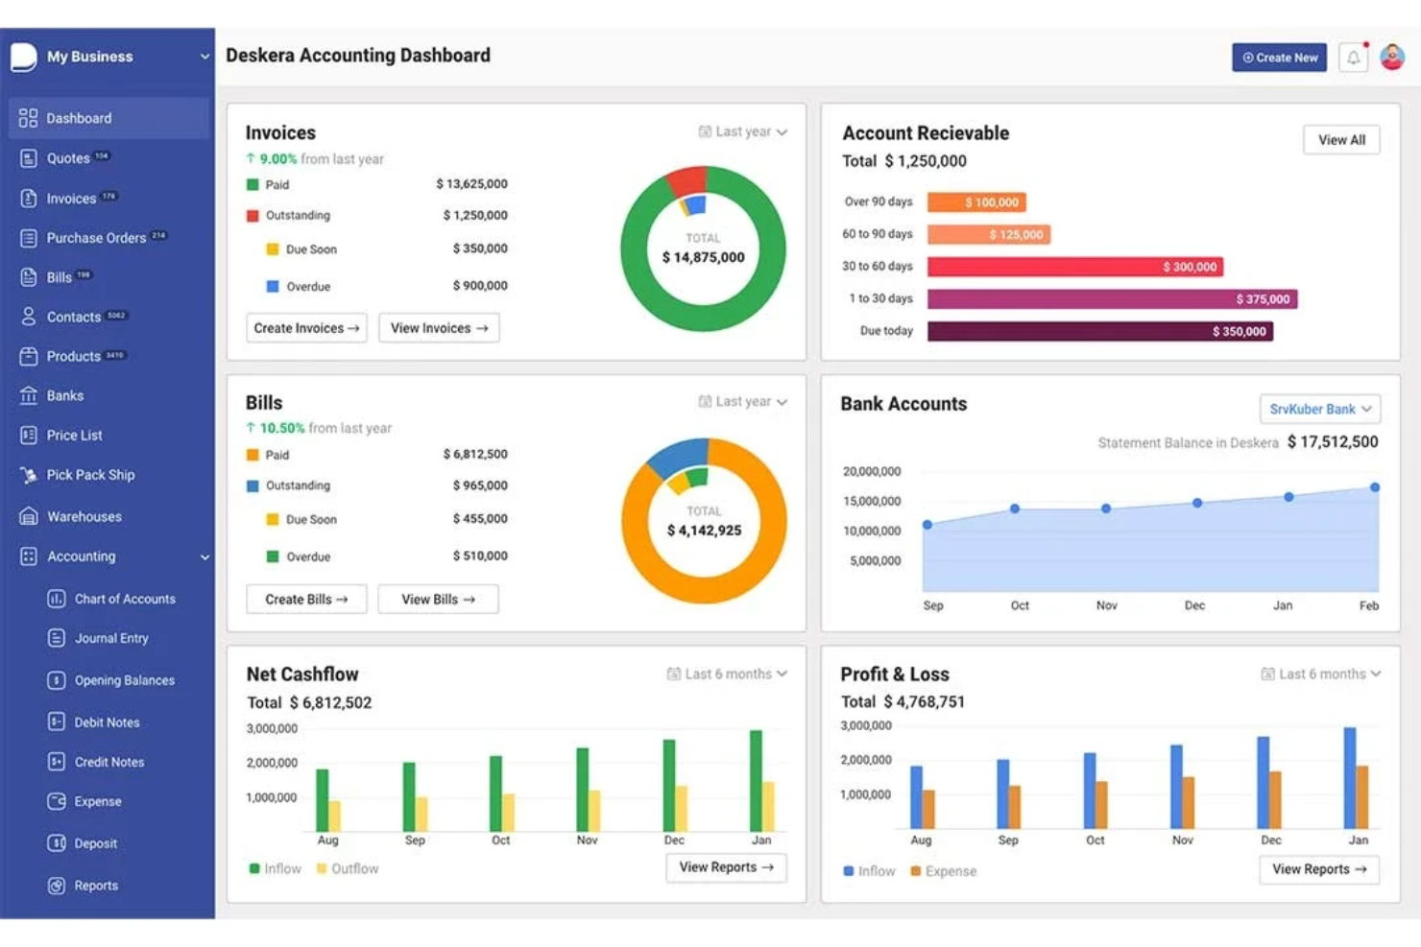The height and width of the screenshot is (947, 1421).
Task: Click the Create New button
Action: coord(1279,58)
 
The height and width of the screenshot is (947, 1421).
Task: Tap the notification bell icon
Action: coord(1353,58)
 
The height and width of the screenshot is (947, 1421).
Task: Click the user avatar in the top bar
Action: coord(1392,58)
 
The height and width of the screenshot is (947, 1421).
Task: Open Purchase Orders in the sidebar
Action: coord(96,238)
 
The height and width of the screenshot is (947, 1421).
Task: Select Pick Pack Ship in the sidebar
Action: coord(90,475)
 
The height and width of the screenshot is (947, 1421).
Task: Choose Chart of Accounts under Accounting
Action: coord(125,599)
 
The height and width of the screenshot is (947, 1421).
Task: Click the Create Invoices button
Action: coord(306,328)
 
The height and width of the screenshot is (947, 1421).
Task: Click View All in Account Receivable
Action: coord(1341,140)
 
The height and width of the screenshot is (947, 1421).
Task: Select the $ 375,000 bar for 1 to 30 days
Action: coord(1112,299)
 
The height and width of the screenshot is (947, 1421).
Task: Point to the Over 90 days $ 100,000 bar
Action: coord(976,202)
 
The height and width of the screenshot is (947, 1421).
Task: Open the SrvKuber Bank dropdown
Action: coord(1319,410)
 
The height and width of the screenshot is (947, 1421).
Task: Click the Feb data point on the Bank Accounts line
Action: coord(1375,487)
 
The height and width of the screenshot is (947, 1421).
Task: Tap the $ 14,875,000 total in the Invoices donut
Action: coord(703,257)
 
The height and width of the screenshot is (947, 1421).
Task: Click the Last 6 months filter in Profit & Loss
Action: coord(1321,675)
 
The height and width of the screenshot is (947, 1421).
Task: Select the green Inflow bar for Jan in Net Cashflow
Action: coord(756,780)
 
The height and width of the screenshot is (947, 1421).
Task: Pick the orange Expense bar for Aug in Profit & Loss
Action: coord(928,809)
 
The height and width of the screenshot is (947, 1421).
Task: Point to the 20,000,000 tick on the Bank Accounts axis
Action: coord(872,472)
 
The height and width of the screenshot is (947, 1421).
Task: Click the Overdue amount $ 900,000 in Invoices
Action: coord(480,286)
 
